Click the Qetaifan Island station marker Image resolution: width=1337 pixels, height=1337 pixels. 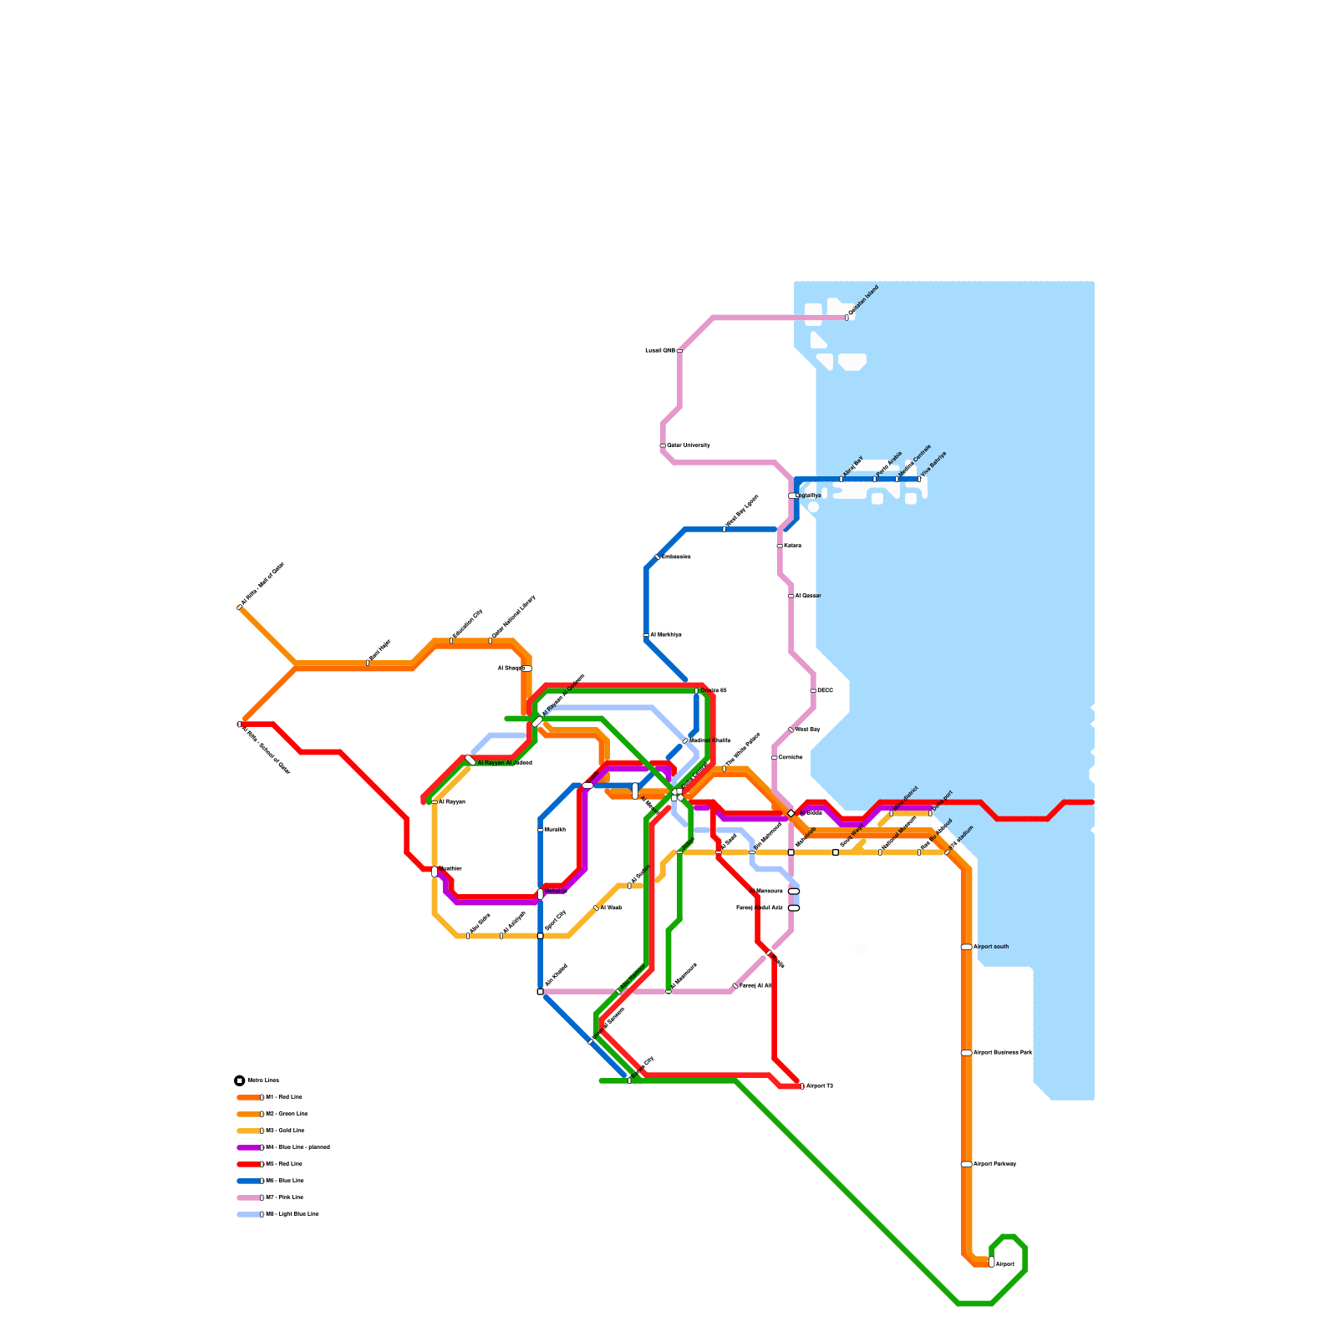846,318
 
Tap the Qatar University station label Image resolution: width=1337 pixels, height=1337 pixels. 689,445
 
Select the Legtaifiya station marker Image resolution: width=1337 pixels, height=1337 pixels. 793,496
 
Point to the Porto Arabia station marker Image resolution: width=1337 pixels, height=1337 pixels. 875,479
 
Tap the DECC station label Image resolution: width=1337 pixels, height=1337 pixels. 825,690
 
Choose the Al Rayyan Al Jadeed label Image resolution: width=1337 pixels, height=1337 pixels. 505,763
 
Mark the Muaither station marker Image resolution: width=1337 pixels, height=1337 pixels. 435,872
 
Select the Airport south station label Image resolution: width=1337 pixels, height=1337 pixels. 991,947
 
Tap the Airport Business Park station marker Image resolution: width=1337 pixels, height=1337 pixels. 966,1053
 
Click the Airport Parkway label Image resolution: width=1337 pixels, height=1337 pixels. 994,1164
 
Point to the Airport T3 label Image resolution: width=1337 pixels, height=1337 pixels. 820,1086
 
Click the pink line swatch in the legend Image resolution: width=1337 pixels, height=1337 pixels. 250,1197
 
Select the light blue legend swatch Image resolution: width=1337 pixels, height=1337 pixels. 250,1214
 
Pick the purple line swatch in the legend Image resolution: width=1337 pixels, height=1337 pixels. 250,1147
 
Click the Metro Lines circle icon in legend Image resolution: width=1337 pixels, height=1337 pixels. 240,1080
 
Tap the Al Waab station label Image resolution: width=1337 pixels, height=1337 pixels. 611,907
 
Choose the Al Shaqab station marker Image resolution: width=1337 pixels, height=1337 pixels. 526,668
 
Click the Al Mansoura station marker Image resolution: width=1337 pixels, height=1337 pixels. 794,892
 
